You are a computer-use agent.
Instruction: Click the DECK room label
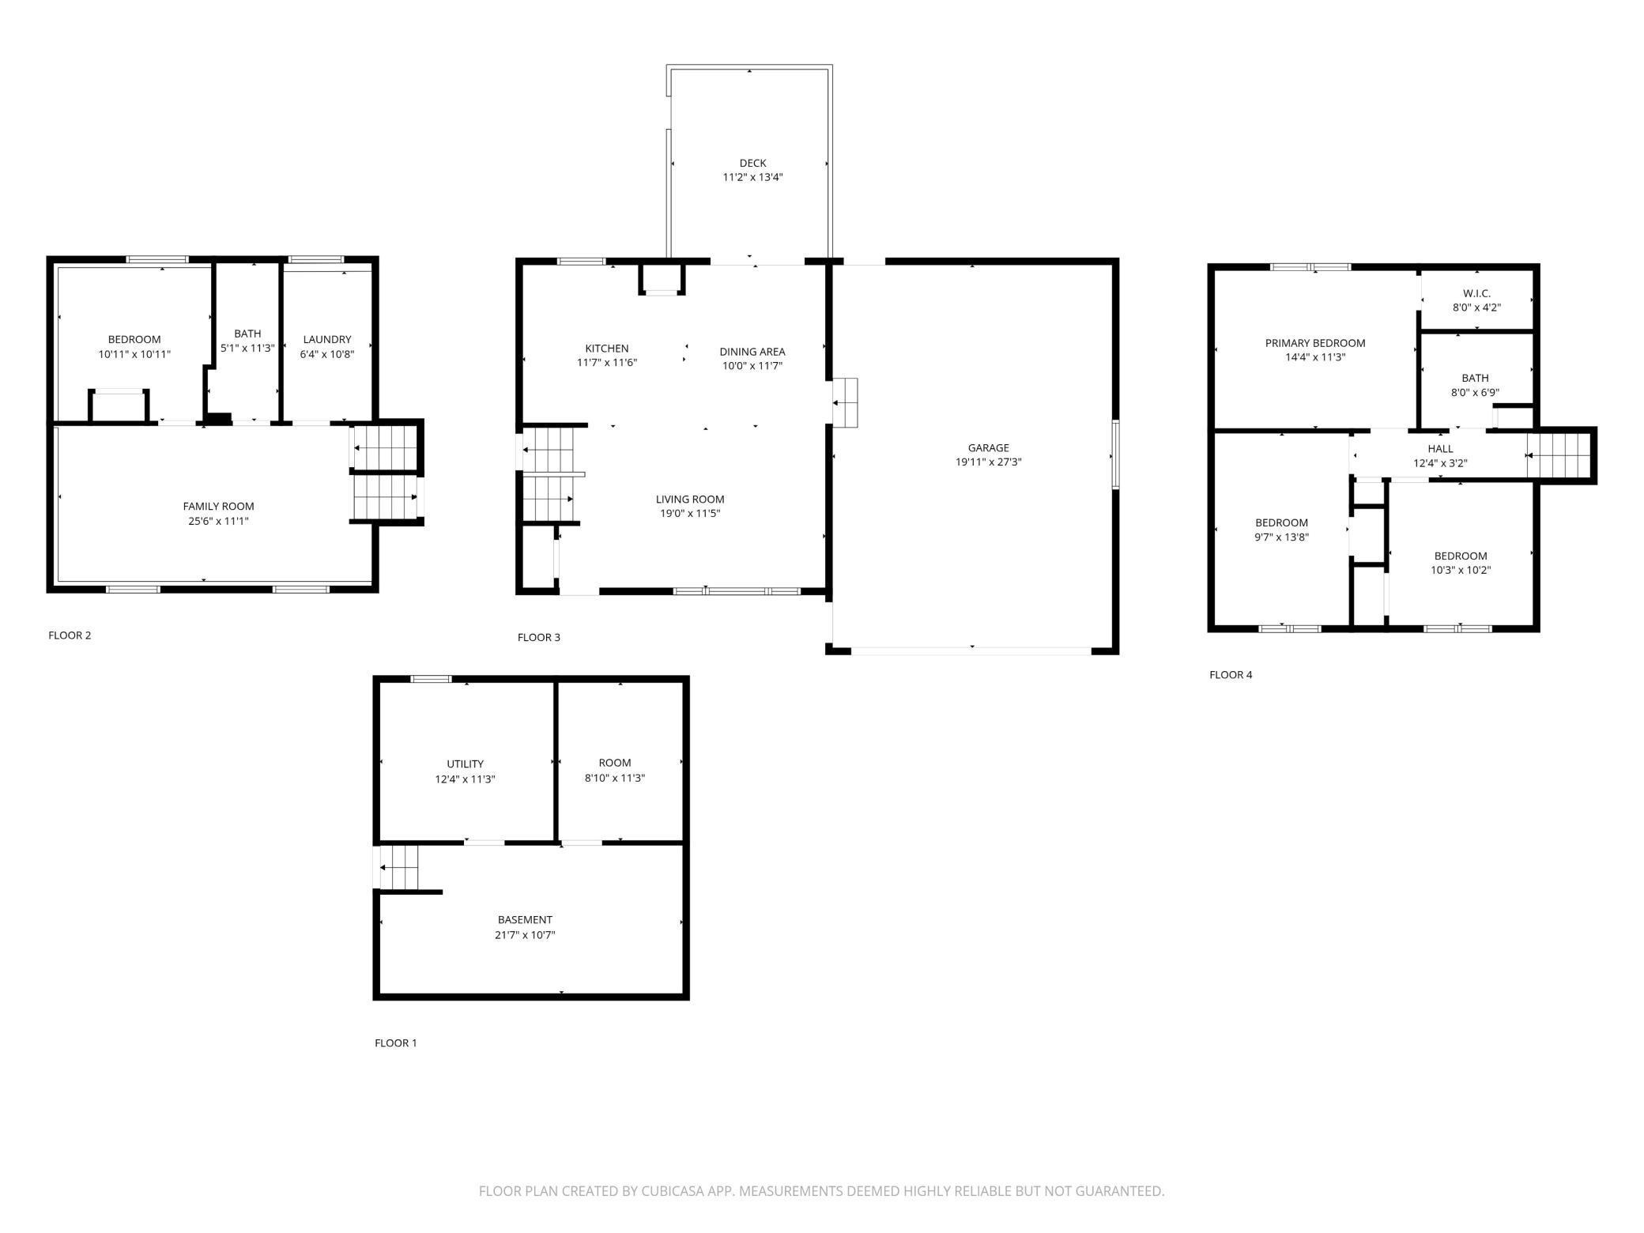pos(752,164)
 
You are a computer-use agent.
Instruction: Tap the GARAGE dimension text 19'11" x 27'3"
pos(988,462)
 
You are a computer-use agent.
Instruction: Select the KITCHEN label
pos(607,349)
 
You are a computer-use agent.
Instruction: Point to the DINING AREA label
pos(752,352)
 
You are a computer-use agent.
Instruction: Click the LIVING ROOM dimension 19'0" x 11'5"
pos(690,514)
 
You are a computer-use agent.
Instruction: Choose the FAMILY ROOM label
pos(218,507)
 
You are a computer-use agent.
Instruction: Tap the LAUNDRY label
pos(327,340)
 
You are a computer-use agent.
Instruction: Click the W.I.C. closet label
pos(1476,293)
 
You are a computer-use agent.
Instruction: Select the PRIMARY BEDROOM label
pos(1315,343)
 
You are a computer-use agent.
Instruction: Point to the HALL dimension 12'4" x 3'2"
pos(1440,464)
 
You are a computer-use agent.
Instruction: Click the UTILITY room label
pos(465,764)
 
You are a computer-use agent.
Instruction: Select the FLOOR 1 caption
pos(395,1043)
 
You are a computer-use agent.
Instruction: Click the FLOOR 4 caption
pos(1231,675)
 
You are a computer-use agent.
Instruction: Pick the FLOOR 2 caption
pos(70,635)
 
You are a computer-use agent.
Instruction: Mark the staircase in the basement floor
pos(399,867)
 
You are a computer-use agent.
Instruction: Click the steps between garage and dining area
pos(845,403)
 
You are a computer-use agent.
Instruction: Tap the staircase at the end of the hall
pos(1557,455)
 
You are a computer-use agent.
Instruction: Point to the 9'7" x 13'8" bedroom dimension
pos(1281,537)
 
